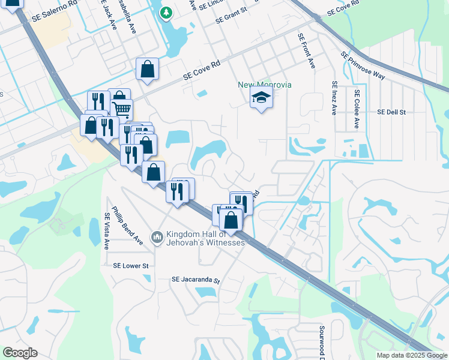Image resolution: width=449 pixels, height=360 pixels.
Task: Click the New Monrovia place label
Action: (x=265, y=85)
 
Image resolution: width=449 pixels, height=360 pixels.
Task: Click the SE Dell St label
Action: (x=391, y=112)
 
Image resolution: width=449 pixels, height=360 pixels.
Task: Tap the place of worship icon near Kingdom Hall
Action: (x=157, y=238)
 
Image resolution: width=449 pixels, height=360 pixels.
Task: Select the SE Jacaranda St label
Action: (x=196, y=280)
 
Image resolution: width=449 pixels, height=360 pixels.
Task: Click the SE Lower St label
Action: (x=130, y=265)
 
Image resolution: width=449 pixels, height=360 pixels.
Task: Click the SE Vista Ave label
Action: (x=107, y=231)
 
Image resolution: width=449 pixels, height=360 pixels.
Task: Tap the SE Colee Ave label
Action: (x=357, y=109)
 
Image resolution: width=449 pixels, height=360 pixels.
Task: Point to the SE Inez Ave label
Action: (x=334, y=98)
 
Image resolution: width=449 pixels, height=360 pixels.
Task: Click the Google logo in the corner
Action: (x=20, y=353)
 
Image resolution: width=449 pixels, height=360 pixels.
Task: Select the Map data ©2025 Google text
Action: (x=411, y=355)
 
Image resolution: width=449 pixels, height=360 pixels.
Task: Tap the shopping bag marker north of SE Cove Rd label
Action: (x=147, y=69)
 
